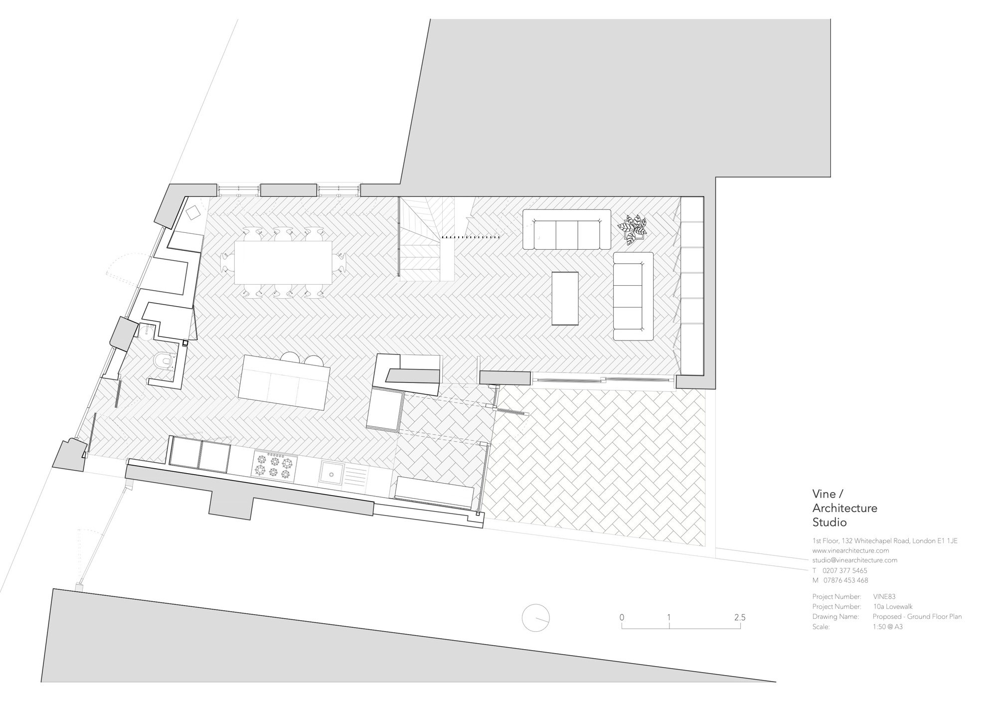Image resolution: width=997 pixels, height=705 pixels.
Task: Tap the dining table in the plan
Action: [x=283, y=262]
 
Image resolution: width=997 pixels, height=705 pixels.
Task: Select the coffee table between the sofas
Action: [x=565, y=298]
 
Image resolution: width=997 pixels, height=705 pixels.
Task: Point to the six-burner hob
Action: [x=273, y=465]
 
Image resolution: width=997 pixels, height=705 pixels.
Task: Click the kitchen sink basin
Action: [x=330, y=473]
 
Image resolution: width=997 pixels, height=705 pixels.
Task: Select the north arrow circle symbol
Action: [x=535, y=618]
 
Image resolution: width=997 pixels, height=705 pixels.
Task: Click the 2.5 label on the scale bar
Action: [x=739, y=617]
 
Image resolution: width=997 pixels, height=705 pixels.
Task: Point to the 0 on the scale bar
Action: [x=622, y=617]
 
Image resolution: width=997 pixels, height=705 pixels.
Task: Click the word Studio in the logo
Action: [x=830, y=523]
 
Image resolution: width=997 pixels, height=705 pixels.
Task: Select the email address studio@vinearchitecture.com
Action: [x=854, y=560]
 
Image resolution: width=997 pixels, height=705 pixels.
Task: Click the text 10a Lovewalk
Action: [x=892, y=607]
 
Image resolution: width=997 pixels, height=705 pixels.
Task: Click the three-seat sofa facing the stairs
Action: [x=567, y=229]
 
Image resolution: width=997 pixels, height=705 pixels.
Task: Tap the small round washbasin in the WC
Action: [x=145, y=331]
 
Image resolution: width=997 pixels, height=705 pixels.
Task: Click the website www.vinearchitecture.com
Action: [x=850, y=550]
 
